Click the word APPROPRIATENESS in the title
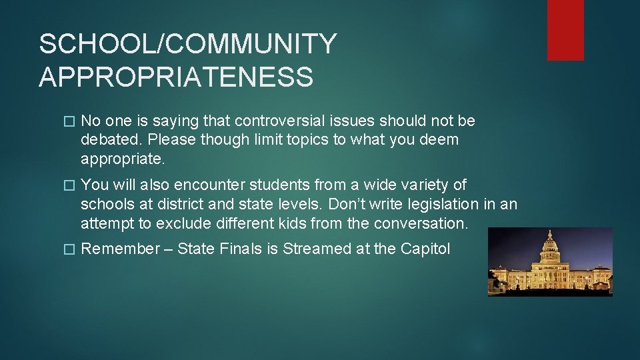tap(176, 77)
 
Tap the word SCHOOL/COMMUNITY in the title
tap(188, 44)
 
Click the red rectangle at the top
tap(565, 30)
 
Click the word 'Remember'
tap(121, 249)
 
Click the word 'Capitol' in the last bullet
tap(425, 249)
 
